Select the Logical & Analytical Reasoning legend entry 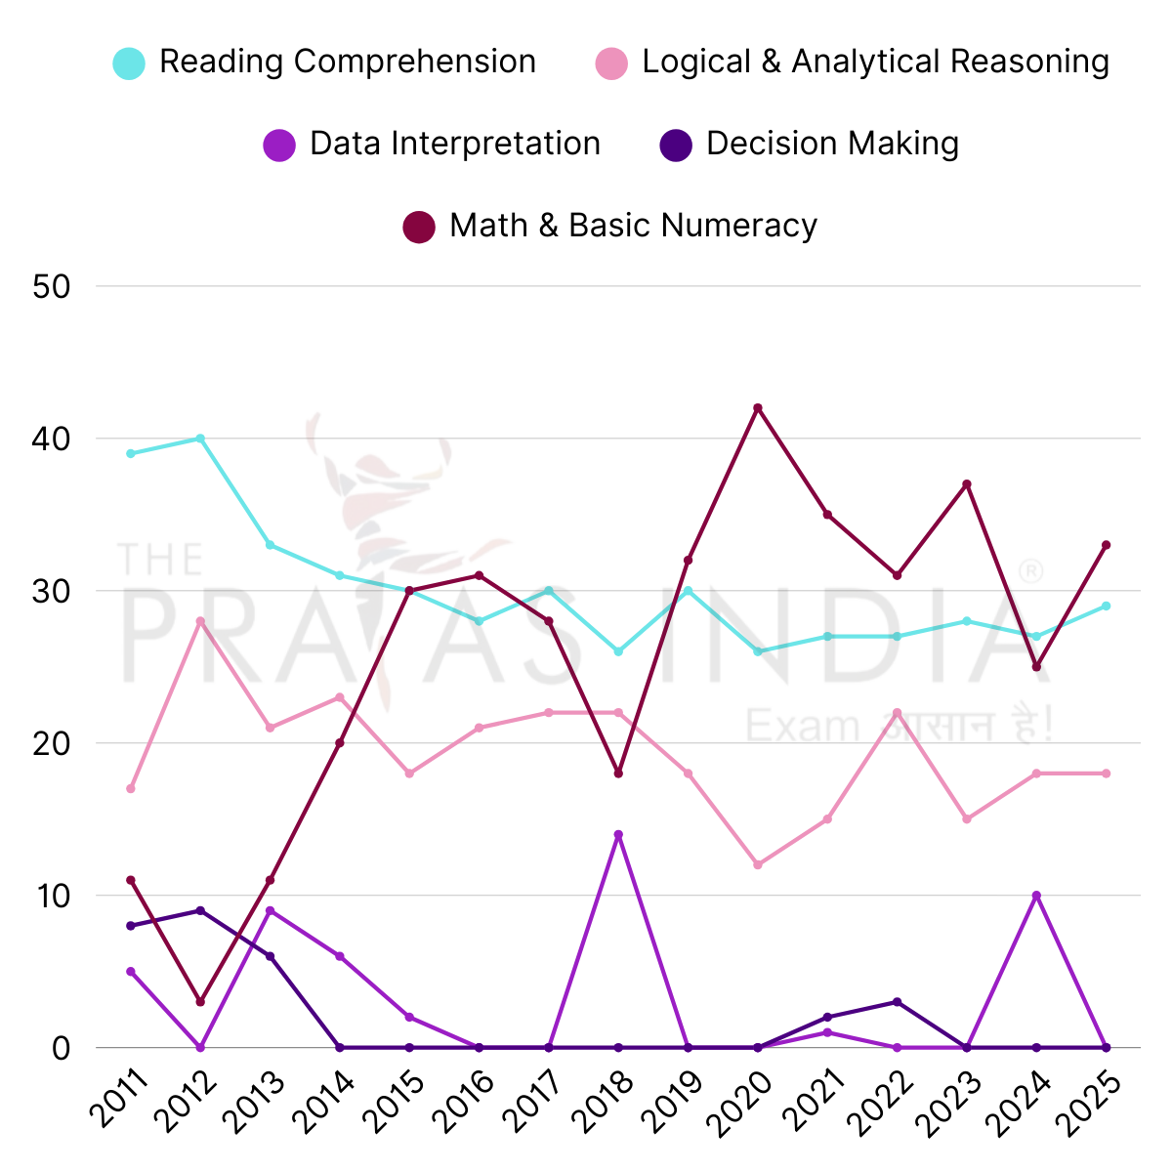853,63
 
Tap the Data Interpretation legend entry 433,145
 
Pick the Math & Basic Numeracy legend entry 611,227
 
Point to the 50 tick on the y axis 50,287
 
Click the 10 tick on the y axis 50,896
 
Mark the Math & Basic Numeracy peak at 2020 758,408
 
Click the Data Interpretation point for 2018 618,835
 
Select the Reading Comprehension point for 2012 200,439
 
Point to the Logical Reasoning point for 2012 200,621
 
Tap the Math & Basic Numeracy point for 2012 200,1002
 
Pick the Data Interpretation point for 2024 1036,896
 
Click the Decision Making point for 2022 897,1002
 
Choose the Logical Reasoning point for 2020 758,865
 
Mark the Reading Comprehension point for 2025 1106,606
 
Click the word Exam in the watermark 801,727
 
